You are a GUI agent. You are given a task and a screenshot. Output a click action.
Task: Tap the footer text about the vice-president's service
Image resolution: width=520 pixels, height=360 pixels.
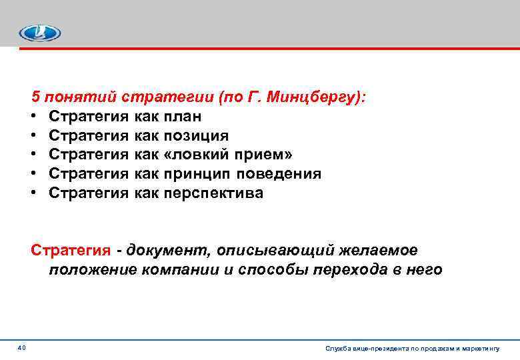413,348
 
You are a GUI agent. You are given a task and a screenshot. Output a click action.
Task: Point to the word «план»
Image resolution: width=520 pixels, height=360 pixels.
183,117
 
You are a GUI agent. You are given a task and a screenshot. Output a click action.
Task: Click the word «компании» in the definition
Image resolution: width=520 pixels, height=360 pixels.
183,270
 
